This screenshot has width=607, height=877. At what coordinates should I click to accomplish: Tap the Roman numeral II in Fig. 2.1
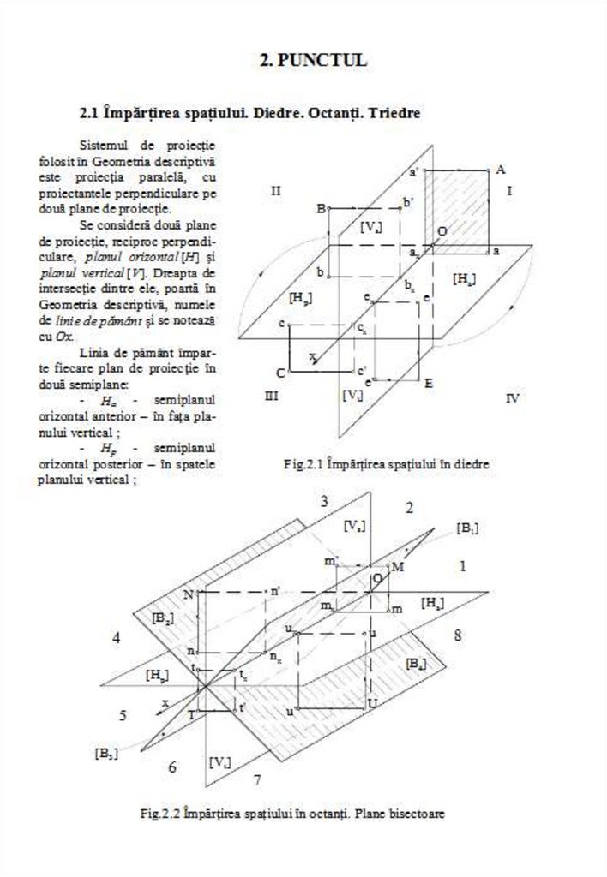tap(275, 190)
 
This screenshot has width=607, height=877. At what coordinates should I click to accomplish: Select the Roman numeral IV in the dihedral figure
tap(513, 397)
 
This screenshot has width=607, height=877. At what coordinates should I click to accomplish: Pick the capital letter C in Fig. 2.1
tap(280, 373)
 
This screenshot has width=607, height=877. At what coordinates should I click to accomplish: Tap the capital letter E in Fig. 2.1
tap(428, 383)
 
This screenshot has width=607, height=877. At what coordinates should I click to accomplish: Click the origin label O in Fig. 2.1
tap(442, 231)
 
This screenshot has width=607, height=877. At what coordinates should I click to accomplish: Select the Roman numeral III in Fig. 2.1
tap(272, 396)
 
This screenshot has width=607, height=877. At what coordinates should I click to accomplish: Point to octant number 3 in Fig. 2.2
tap(324, 502)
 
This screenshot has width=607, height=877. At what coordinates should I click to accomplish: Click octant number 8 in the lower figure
tap(458, 635)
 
